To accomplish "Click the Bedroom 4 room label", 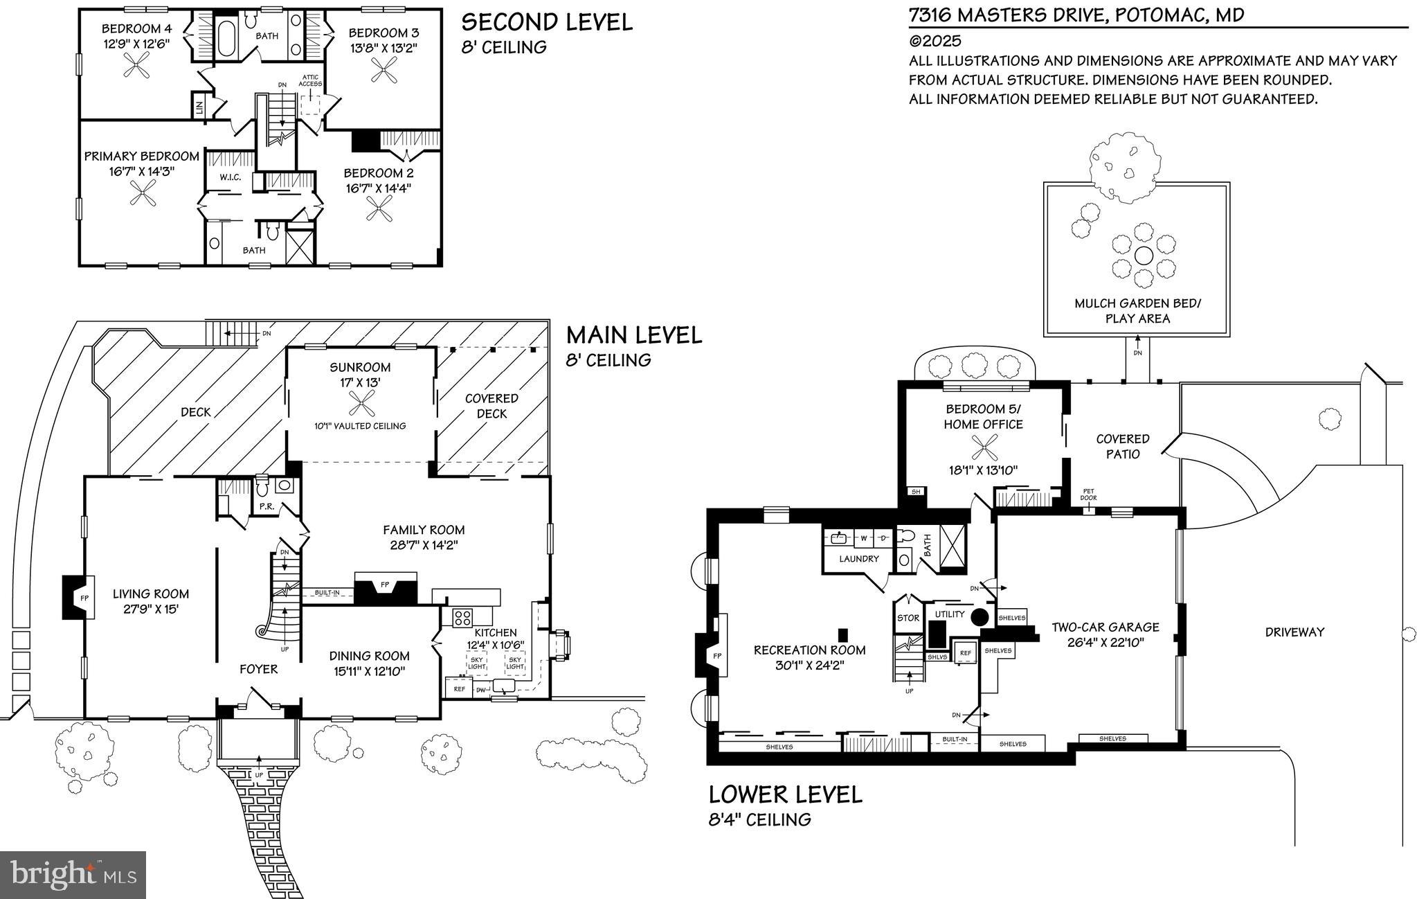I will (x=136, y=29).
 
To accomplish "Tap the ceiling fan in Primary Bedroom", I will (x=145, y=193).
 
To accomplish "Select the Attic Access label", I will (x=311, y=80).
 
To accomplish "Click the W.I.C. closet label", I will (x=230, y=178).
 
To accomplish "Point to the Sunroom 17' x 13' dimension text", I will (x=360, y=382).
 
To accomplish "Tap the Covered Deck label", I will (x=491, y=406).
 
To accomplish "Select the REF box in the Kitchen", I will (x=459, y=688).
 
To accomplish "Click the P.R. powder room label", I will (x=267, y=506).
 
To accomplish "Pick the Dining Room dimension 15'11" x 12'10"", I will (x=370, y=671).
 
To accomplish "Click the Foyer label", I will (x=258, y=669).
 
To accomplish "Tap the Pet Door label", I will (x=1088, y=495).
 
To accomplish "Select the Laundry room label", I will (x=859, y=559).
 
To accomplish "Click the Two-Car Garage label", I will (x=1105, y=627).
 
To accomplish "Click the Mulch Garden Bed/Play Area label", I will (x=1137, y=311).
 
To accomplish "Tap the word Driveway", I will (x=1294, y=632).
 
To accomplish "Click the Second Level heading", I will (x=547, y=22).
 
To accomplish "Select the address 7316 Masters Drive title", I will (x=1076, y=15).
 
